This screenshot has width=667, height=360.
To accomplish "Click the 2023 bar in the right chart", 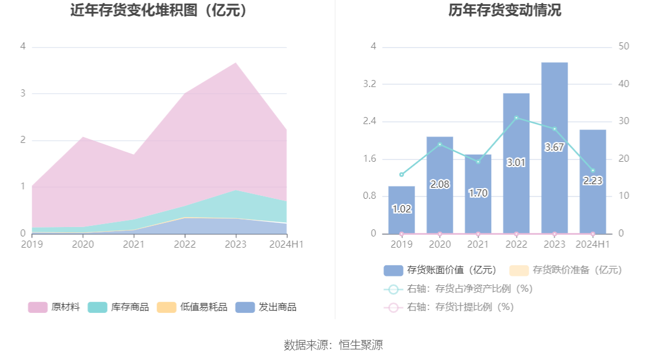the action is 554,148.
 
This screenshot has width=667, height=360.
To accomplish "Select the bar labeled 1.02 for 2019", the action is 402,210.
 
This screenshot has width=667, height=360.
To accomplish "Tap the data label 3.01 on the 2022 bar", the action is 516,162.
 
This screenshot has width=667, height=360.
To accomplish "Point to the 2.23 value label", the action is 592,181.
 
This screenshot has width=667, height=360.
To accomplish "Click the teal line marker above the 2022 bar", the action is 516,118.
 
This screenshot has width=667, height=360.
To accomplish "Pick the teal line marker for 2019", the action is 402,175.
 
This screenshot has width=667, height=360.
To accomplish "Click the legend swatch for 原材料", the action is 38,307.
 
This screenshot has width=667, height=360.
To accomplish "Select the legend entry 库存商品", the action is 118,307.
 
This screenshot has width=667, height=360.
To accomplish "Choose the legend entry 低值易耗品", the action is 192,307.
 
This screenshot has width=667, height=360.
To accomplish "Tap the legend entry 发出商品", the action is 266,307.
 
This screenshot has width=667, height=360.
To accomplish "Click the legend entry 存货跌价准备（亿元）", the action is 566,270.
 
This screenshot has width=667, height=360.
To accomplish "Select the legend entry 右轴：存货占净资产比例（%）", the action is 458,289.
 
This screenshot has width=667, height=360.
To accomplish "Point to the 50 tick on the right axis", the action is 623,46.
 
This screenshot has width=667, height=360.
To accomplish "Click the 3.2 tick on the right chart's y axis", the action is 369,84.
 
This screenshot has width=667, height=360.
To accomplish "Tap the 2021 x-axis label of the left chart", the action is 134,244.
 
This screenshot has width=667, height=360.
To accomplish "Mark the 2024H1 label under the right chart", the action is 592,244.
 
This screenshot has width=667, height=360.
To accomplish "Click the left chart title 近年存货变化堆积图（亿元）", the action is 159,10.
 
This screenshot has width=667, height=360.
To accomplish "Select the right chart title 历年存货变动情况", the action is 505,10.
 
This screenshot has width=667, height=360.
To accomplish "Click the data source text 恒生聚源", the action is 361,345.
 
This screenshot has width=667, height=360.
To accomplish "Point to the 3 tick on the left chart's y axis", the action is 23,93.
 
